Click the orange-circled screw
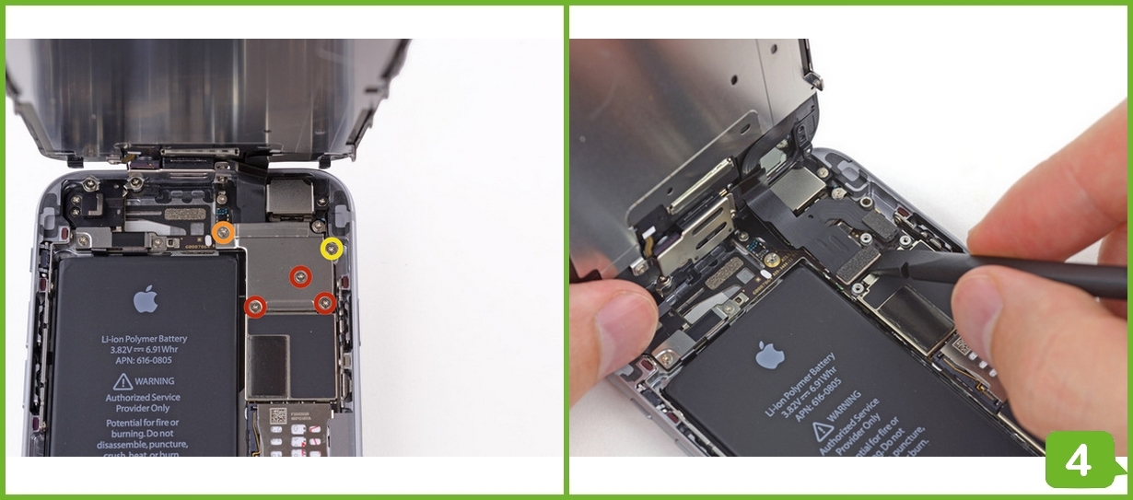click(x=223, y=234)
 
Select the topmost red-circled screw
click(x=300, y=275)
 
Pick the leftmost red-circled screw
click(x=256, y=307)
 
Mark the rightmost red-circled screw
click(x=324, y=303)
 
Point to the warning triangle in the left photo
click(x=123, y=381)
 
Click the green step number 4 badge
click(x=1079, y=460)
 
